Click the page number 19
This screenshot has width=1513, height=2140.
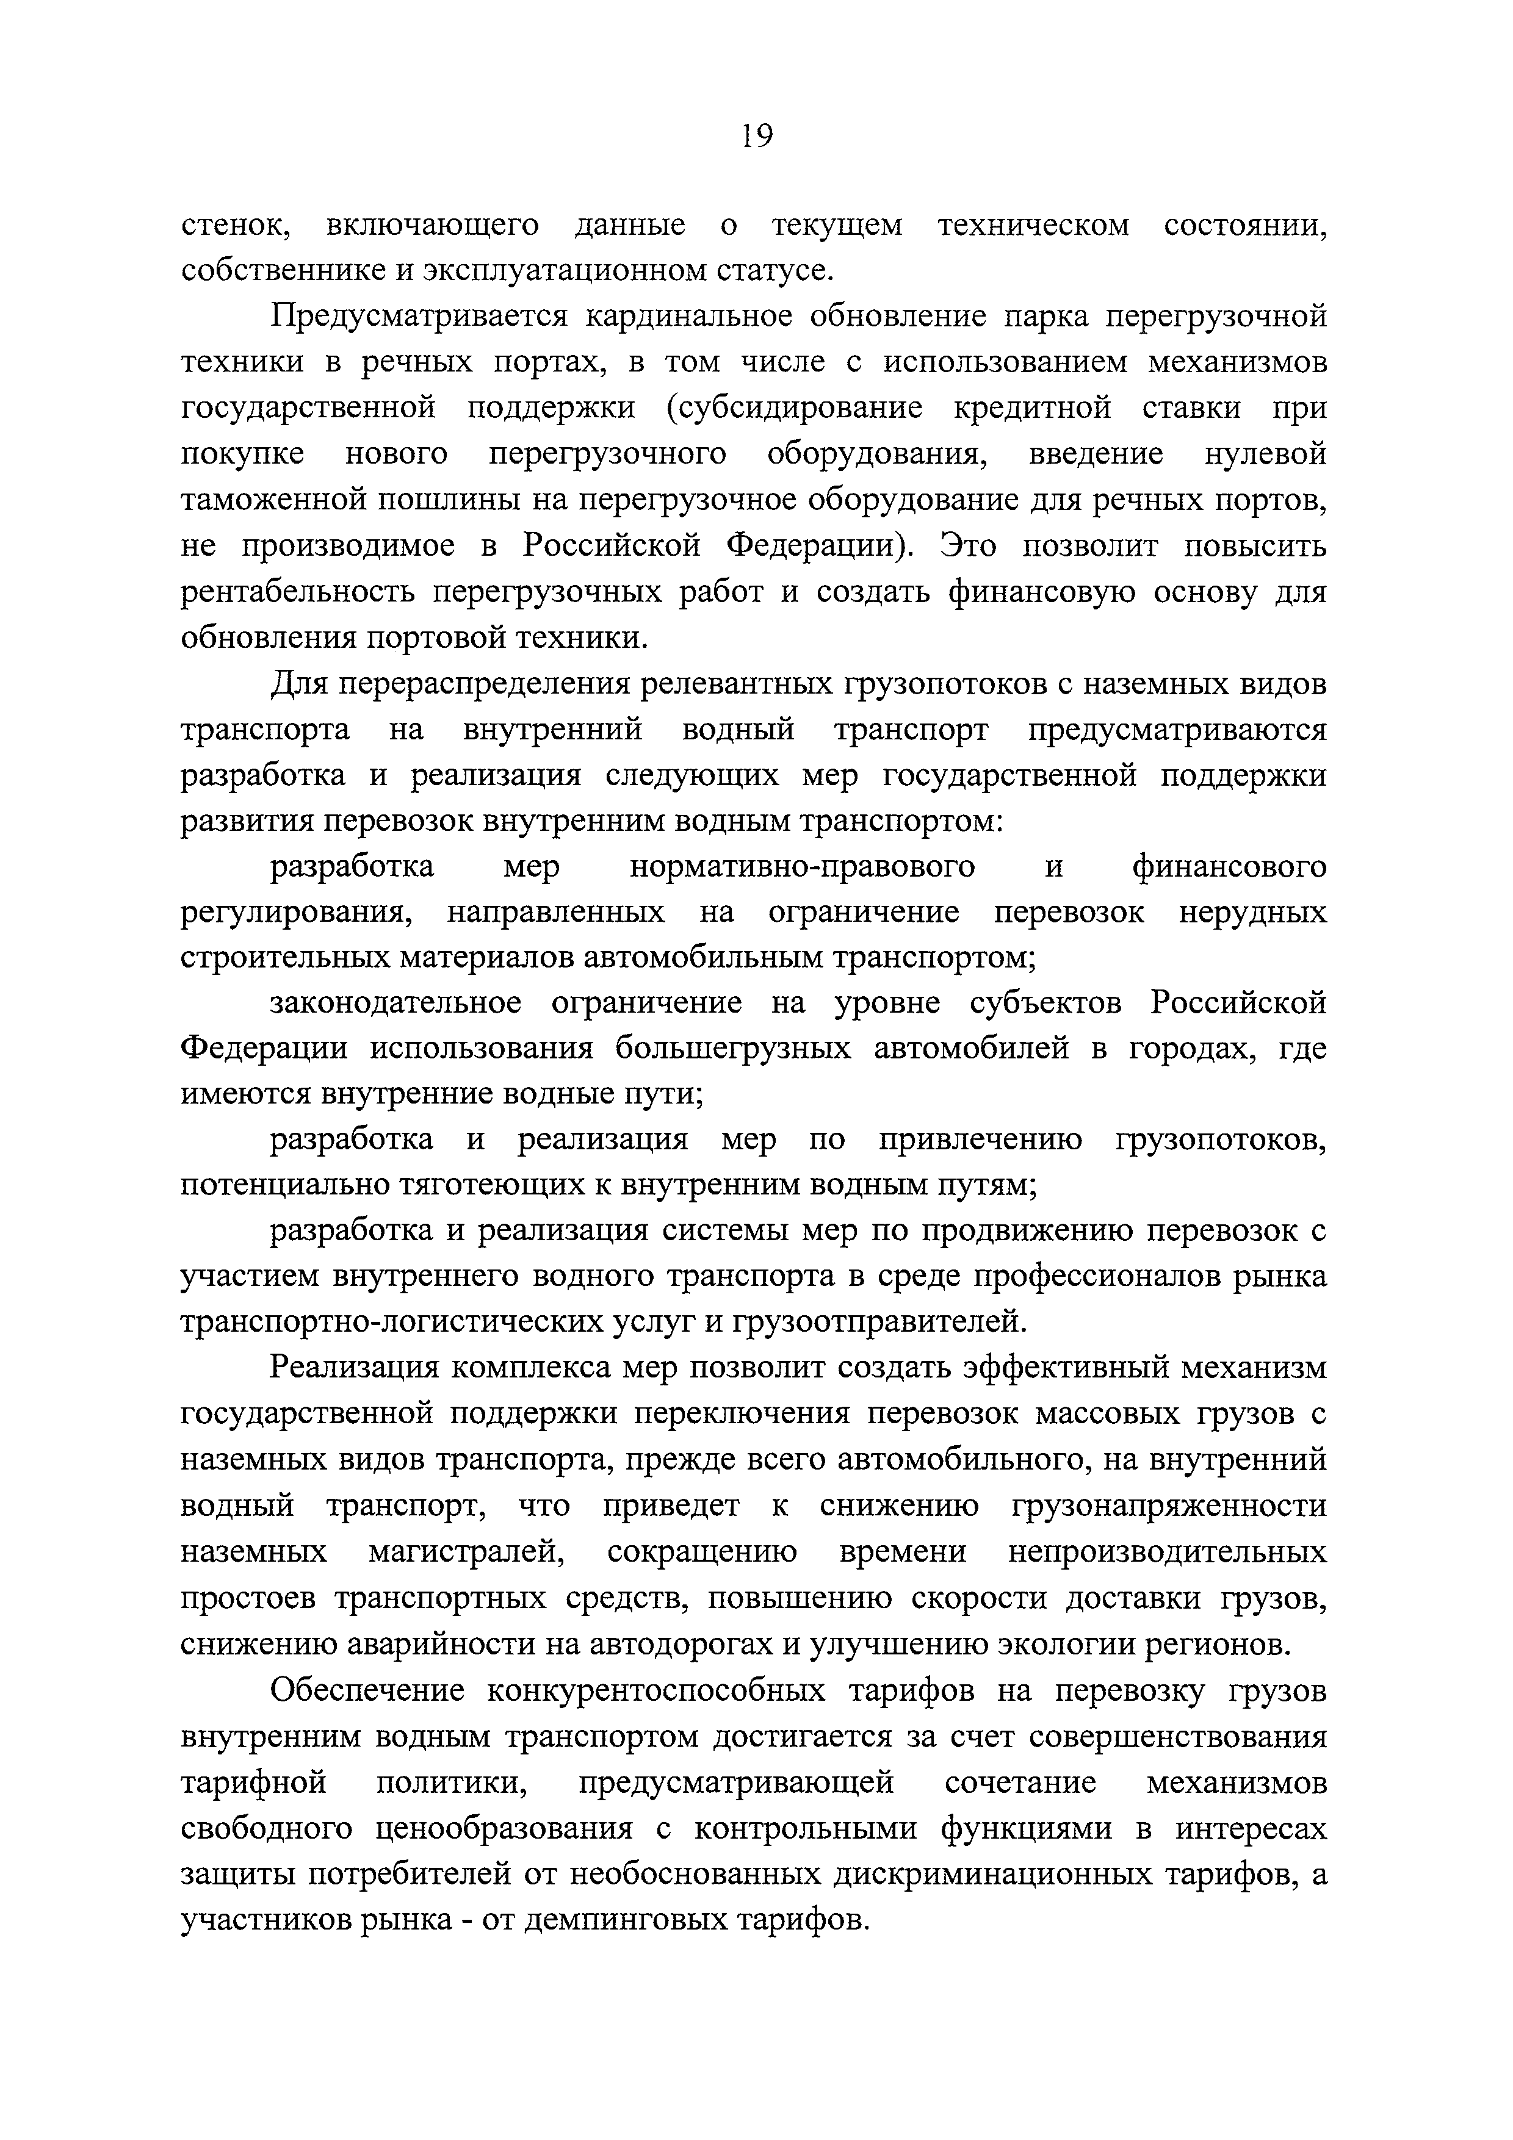[756, 137]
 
